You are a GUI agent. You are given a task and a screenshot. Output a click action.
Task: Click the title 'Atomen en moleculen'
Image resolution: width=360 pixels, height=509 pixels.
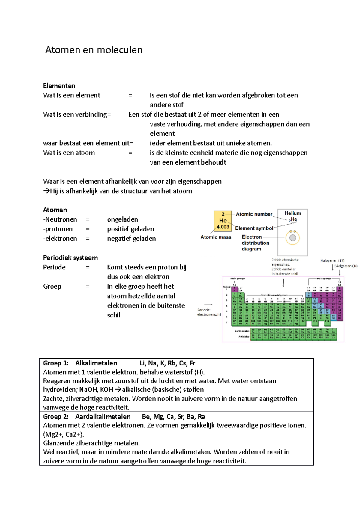tap(94, 50)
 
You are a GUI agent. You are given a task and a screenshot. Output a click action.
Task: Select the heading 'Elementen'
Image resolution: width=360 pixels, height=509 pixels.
tap(59, 86)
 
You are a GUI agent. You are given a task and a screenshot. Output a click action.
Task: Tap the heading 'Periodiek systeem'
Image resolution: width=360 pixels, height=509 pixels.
tap(70, 258)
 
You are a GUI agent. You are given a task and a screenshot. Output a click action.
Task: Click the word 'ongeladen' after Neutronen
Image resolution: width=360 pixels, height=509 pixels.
tap(122, 219)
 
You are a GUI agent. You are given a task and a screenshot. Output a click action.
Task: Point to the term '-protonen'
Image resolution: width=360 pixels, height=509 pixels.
tap(58, 229)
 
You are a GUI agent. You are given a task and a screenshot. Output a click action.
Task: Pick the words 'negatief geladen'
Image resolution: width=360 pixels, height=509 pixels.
tap(131, 239)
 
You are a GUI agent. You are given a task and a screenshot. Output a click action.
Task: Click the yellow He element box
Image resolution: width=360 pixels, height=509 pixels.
tap(223, 221)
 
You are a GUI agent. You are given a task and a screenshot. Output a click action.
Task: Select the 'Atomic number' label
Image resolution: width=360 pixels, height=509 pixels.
tap(254, 214)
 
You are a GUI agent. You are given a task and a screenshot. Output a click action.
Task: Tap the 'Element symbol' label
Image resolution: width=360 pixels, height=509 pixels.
tap(254, 228)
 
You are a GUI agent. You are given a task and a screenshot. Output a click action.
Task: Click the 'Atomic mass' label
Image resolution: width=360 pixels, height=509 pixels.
tap(216, 237)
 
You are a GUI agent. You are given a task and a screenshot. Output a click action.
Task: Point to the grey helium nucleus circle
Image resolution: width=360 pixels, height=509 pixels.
tap(293, 238)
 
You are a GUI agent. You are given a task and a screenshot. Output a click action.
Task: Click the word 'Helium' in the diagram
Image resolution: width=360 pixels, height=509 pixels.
tap(293, 213)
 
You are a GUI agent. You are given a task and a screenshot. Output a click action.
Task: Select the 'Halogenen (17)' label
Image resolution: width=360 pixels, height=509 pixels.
tap(332, 260)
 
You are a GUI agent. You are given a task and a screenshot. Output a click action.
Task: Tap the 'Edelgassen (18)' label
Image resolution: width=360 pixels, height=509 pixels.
tap(346, 266)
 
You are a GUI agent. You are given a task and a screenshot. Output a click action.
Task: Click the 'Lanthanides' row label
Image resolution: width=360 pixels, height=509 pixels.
tap(242, 331)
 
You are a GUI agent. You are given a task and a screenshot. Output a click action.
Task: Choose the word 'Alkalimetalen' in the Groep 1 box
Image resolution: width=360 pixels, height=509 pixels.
tap(96, 363)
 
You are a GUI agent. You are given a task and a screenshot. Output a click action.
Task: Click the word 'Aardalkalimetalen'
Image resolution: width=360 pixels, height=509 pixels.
tap(103, 417)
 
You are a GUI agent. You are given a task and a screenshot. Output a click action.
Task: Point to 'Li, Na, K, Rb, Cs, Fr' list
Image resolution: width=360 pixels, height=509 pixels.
tap(167, 363)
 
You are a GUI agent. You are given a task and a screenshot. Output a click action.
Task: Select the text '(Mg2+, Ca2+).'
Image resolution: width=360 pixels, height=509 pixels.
tap(64, 434)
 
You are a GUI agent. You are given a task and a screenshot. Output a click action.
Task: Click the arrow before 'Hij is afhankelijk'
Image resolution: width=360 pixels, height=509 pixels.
tap(46, 191)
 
